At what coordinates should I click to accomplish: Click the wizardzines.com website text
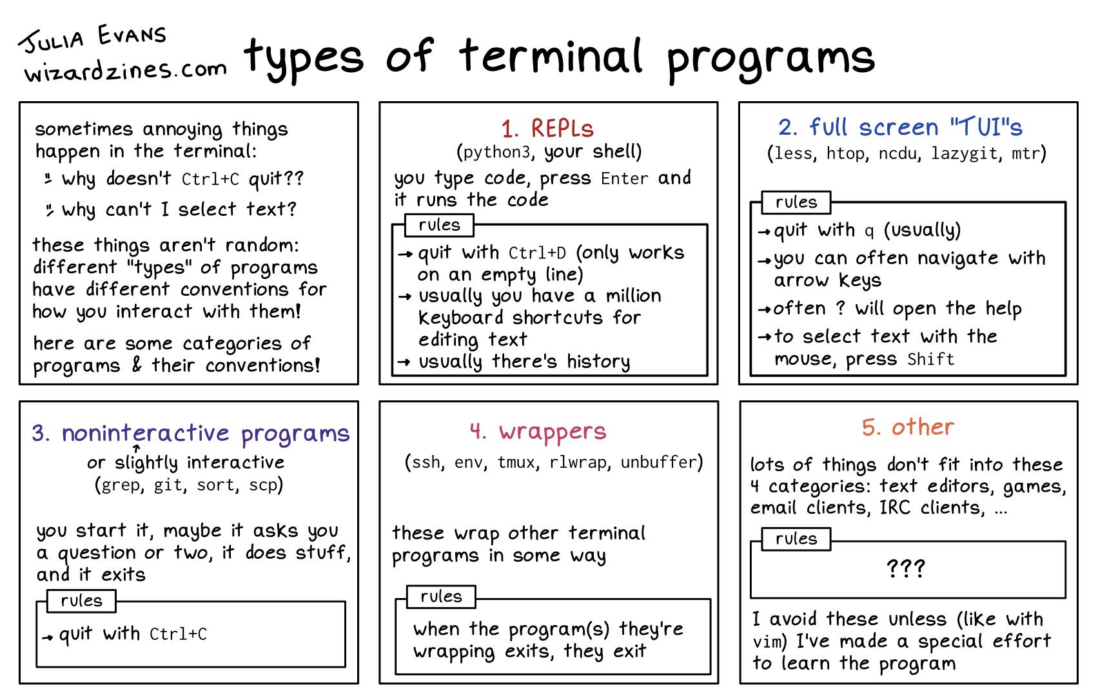[x=126, y=72]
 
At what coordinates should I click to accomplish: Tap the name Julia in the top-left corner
[x=53, y=41]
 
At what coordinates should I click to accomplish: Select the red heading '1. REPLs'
[x=547, y=128]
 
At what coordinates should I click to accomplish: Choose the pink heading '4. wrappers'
[x=538, y=432]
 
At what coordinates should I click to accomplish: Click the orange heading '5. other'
[x=908, y=427]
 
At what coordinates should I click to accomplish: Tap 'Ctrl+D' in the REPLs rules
[x=537, y=253]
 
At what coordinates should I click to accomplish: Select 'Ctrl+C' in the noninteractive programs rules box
[x=178, y=634]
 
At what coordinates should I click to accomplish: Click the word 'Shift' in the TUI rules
[x=930, y=360]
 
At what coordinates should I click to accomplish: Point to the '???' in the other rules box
[x=906, y=568]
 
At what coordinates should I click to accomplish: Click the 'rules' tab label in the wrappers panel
[x=441, y=596]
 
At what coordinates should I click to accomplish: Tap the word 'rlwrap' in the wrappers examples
[x=578, y=462]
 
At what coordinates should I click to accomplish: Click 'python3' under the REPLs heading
[x=496, y=152]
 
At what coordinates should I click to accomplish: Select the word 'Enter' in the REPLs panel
[x=625, y=179]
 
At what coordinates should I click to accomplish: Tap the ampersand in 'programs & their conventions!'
[x=136, y=364]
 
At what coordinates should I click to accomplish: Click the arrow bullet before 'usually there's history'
[x=404, y=362]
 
